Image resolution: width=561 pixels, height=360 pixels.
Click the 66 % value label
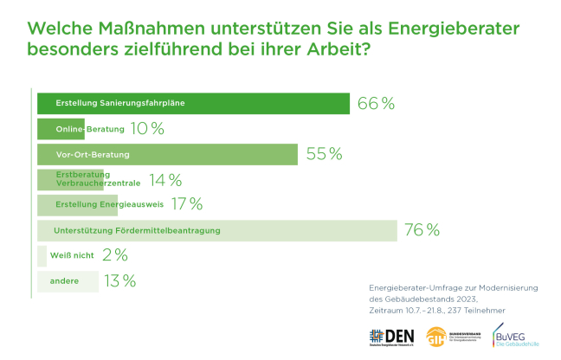pos(376,104)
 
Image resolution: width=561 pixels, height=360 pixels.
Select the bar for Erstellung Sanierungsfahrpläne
pos(192,104)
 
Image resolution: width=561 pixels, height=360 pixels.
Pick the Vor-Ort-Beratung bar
pos(167,155)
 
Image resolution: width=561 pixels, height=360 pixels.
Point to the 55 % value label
pos(325,155)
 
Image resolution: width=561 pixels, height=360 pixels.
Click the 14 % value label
pos(164,180)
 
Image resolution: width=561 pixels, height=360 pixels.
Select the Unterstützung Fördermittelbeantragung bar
pos(217,231)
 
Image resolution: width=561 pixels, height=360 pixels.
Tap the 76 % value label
pos(422,231)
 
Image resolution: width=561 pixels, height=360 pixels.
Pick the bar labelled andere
pos(68,281)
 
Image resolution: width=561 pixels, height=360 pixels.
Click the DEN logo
pos(391,336)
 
